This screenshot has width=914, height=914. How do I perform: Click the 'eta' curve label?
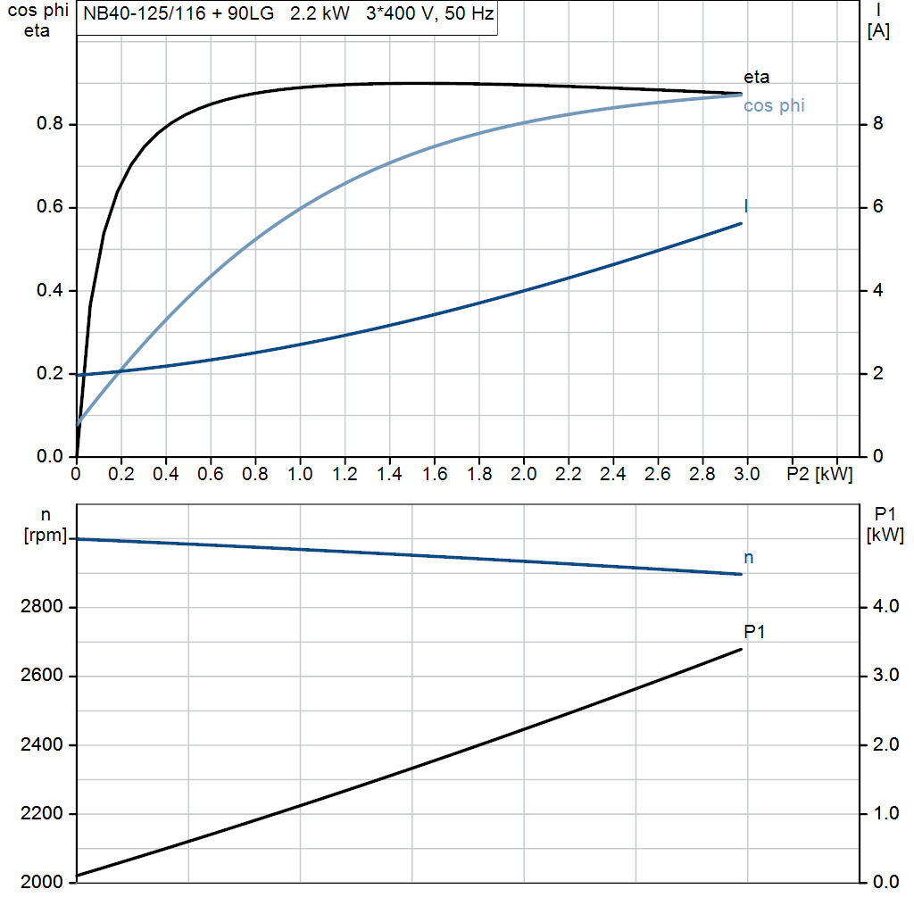click(x=756, y=77)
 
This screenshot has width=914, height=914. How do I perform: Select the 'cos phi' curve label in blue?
click(x=773, y=106)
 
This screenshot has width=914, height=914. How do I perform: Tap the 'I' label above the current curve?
click(x=746, y=207)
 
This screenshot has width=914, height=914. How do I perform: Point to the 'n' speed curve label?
click(x=748, y=558)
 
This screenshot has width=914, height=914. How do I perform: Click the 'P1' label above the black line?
click(x=755, y=632)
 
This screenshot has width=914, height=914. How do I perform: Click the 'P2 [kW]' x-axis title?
click(x=819, y=475)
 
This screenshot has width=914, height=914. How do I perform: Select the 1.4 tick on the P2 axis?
click(x=389, y=475)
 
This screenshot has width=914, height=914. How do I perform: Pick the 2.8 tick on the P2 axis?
click(x=702, y=475)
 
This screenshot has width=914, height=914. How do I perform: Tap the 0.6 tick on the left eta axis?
click(x=49, y=207)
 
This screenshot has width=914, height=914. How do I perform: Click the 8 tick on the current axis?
click(x=878, y=124)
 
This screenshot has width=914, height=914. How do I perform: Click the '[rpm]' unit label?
click(x=45, y=535)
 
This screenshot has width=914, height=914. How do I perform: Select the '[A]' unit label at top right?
click(x=879, y=31)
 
